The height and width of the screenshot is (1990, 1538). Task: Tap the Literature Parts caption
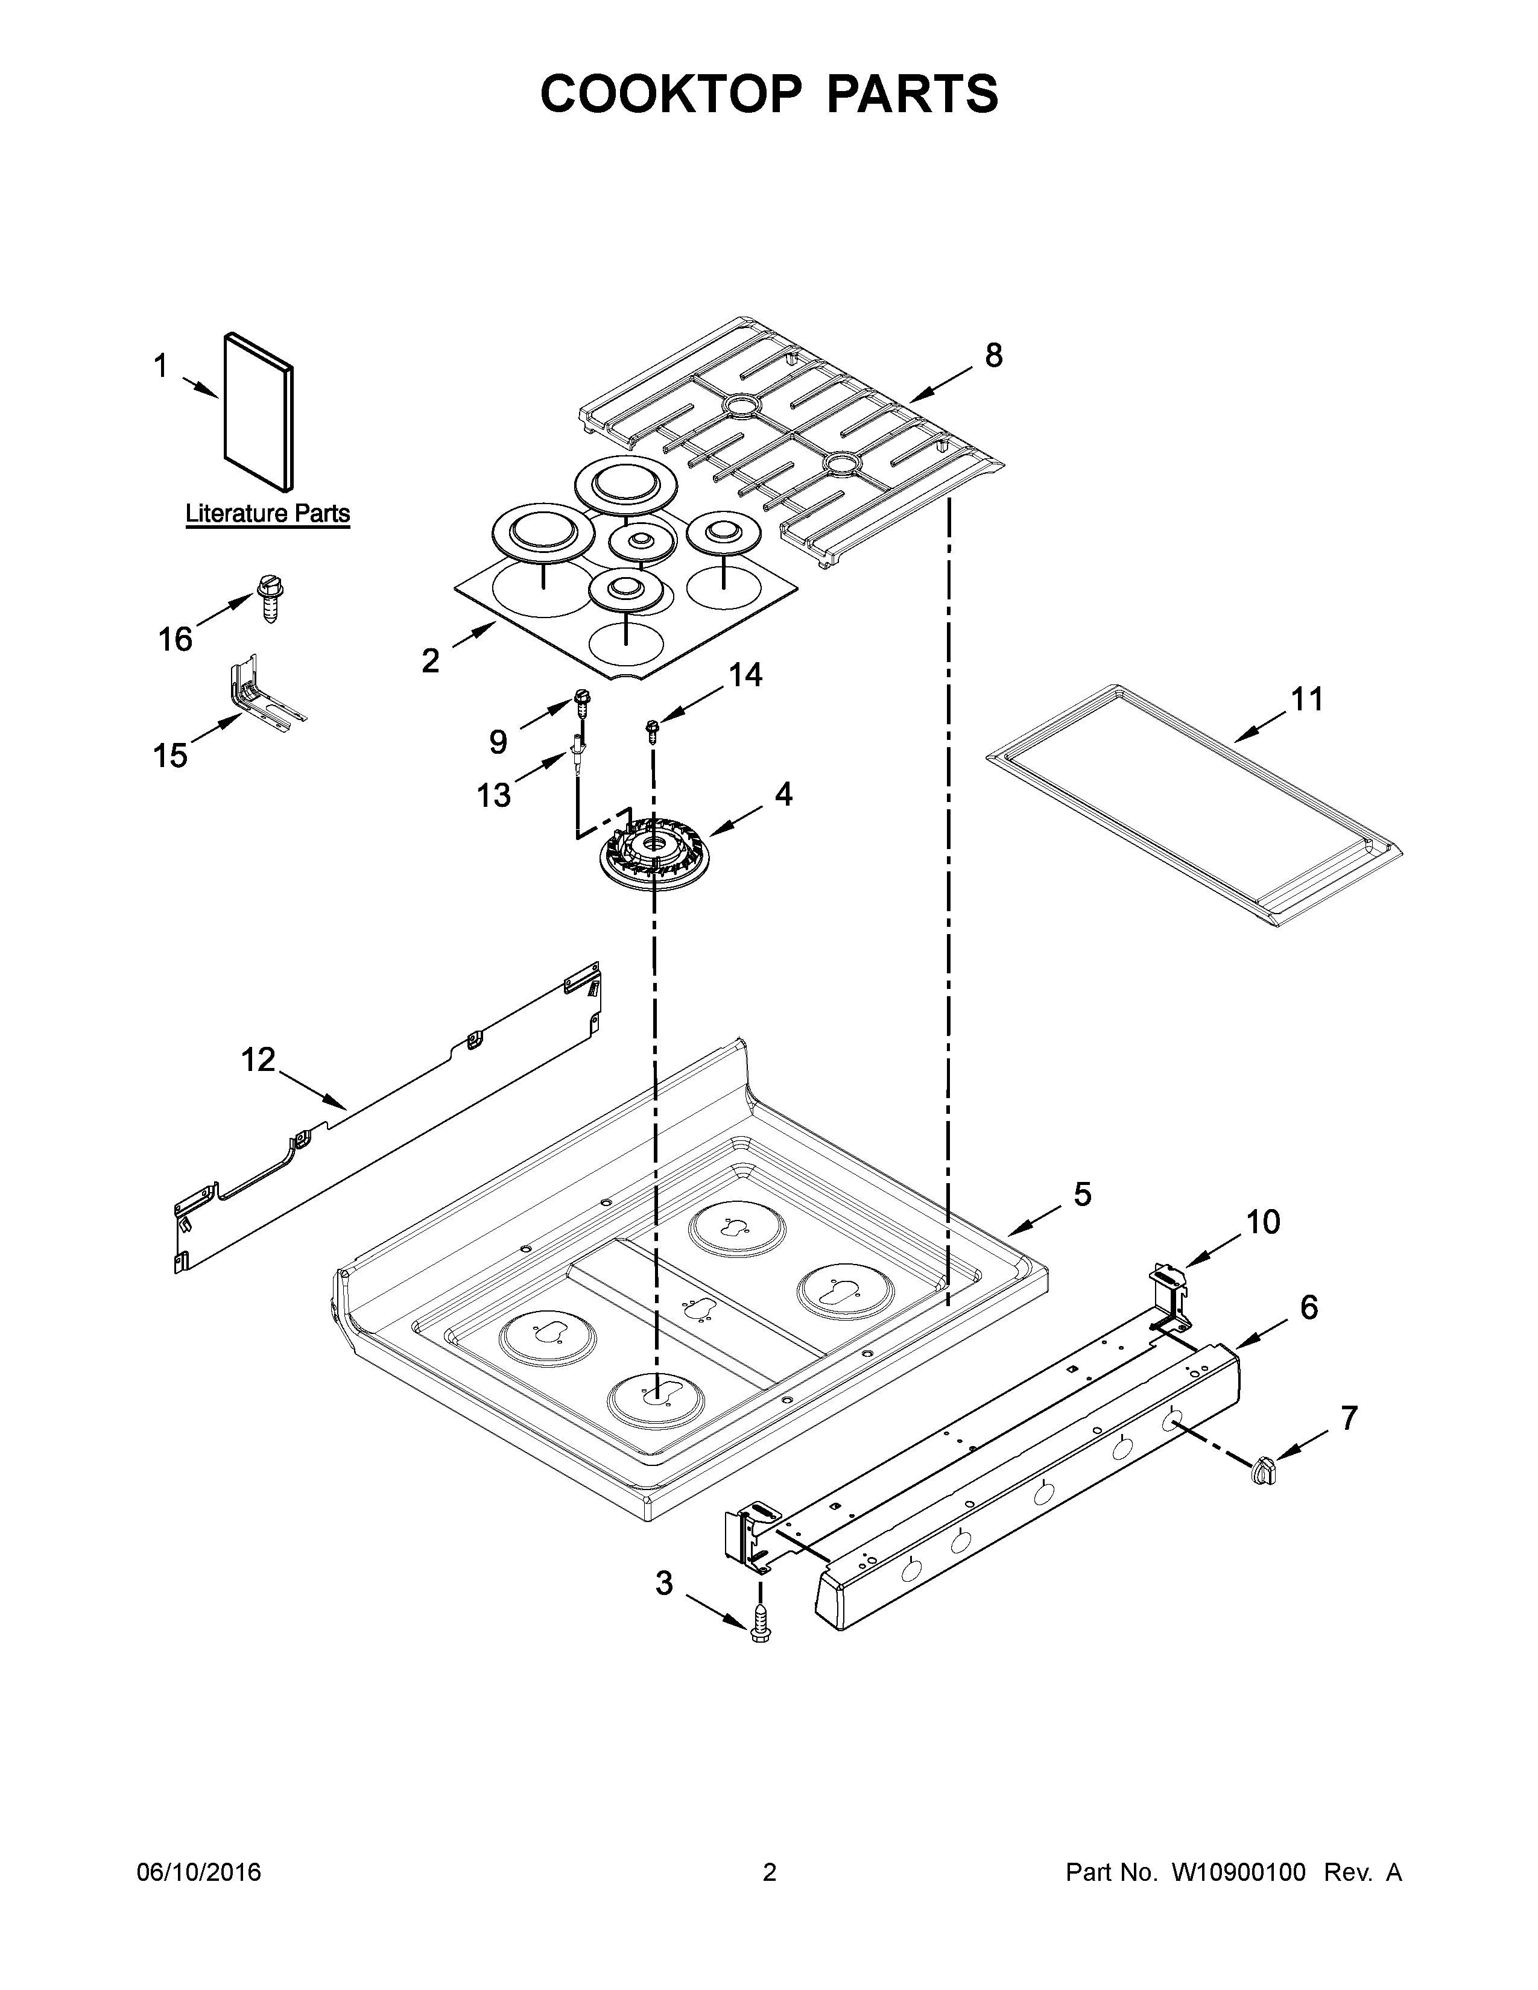(268, 514)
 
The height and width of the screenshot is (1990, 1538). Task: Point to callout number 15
(170, 756)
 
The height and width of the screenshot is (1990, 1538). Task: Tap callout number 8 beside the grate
(993, 355)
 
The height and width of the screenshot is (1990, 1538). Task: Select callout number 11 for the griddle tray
(1306, 700)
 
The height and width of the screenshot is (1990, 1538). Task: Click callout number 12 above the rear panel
(258, 1060)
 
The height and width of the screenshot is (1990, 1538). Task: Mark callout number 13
(494, 795)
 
